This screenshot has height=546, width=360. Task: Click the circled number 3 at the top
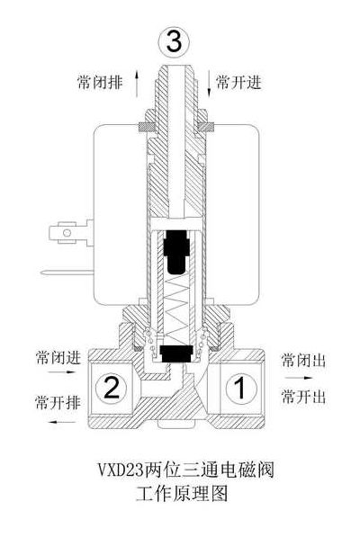point(175,42)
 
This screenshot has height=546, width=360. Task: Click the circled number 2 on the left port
point(112,387)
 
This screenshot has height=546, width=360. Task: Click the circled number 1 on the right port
point(241,388)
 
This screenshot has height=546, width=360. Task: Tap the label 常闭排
point(100,83)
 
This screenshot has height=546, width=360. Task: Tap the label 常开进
point(238,82)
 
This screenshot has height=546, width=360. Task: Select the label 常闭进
point(58,357)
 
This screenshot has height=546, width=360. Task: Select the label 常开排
point(58,402)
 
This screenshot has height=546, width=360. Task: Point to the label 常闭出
point(303,360)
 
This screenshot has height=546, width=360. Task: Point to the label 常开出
point(303,397)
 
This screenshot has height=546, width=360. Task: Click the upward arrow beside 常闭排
point(137,84)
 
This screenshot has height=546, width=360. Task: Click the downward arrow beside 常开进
point(209,83)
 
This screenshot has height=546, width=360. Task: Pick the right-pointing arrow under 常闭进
point(61,371)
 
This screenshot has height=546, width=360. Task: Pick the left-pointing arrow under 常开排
point(61,423)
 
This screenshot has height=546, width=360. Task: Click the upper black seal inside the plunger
point(176,251)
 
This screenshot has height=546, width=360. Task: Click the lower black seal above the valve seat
point(176,354)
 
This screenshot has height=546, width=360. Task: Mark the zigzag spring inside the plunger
point(176,307)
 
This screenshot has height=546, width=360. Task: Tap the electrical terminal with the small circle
point(67,233)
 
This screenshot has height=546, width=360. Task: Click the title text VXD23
point(121,470)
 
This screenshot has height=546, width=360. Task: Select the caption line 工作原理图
point(182,494)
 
